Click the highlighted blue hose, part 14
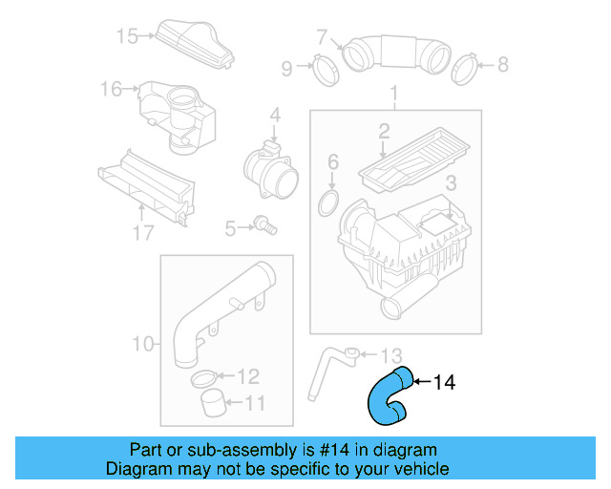(386, 396)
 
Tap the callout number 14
(444, 383)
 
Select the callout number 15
(127, 36)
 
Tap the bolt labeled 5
(265, 227)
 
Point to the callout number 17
(143, 232)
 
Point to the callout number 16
(112, 90)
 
